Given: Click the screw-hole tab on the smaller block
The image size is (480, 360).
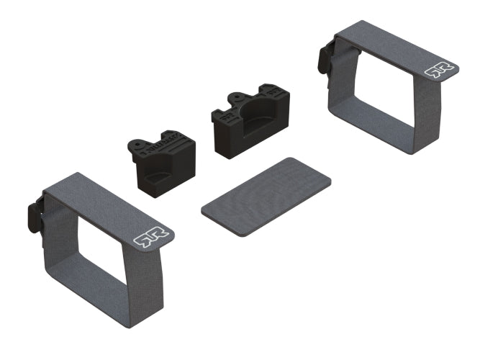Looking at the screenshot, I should [137, 142].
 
